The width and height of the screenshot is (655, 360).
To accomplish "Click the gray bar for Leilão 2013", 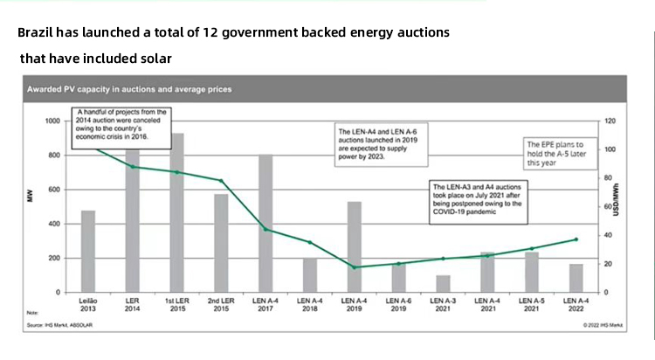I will (88, 251).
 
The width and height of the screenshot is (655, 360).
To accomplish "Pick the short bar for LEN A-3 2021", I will (443, 283).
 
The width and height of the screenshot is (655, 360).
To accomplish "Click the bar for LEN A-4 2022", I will (576, 278).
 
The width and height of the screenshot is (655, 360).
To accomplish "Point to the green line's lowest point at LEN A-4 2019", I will (354, 267).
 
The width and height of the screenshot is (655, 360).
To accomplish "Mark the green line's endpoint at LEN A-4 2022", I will (576, 239).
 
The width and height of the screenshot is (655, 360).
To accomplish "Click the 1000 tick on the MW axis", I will (53, 121).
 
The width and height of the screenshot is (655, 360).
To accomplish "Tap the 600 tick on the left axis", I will (55, 190).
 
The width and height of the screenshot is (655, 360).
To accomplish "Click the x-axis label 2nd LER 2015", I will (221, 305).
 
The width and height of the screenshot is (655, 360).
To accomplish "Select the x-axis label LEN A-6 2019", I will (398, 305).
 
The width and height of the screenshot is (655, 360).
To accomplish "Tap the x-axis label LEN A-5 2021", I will (532, 305).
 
